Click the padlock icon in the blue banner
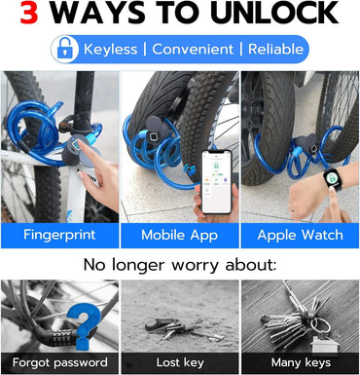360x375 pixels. click(65, 49)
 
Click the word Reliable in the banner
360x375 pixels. click(276, 49)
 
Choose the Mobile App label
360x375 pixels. click(179, 235)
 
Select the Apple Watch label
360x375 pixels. click(300, 235)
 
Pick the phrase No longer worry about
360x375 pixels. click(180, 264)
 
